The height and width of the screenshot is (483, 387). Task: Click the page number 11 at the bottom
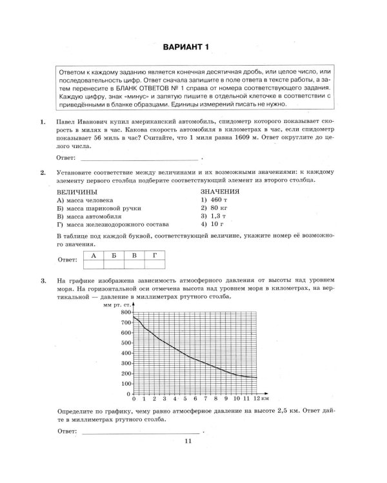click(x=188, y=440)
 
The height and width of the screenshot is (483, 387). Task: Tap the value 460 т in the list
click(x=212, y=200)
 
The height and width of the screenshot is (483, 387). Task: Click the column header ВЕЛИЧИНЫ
click(x=77, y=192)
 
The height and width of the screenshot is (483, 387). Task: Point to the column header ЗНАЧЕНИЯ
click(x=220, y=191)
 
